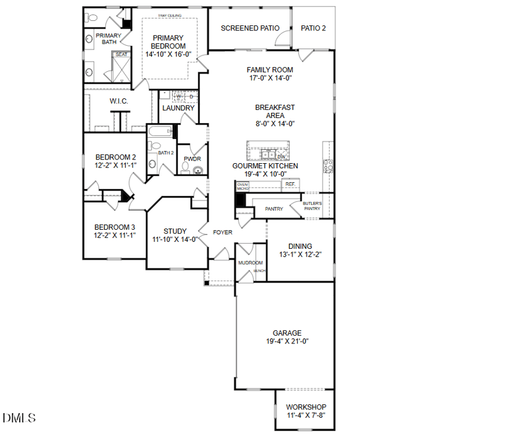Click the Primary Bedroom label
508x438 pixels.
pos(168,42)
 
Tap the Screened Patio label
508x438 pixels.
pos(250,28)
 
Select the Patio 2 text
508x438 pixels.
pos(313,28)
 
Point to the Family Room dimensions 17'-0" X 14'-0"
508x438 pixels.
pos(270,78)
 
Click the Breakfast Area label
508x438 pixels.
pos(275,112)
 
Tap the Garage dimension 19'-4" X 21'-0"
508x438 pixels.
pos(287,342)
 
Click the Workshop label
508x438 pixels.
pos(306,407)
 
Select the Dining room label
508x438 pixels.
pos(300,246)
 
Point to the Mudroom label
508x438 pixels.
pos(250,262)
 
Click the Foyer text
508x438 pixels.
pos(222,232)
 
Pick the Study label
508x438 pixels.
pos(175,231)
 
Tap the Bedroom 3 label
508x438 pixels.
pos(115,227)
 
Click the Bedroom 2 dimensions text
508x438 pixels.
pos(115,165)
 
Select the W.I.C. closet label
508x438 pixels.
pos(119,101)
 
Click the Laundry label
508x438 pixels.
pos(178,108)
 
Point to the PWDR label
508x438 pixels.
pos(192,159)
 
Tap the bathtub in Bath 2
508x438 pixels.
pos(160,132)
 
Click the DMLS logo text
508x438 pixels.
pos(19,418)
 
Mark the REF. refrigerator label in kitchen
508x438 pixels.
pos(291,184)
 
